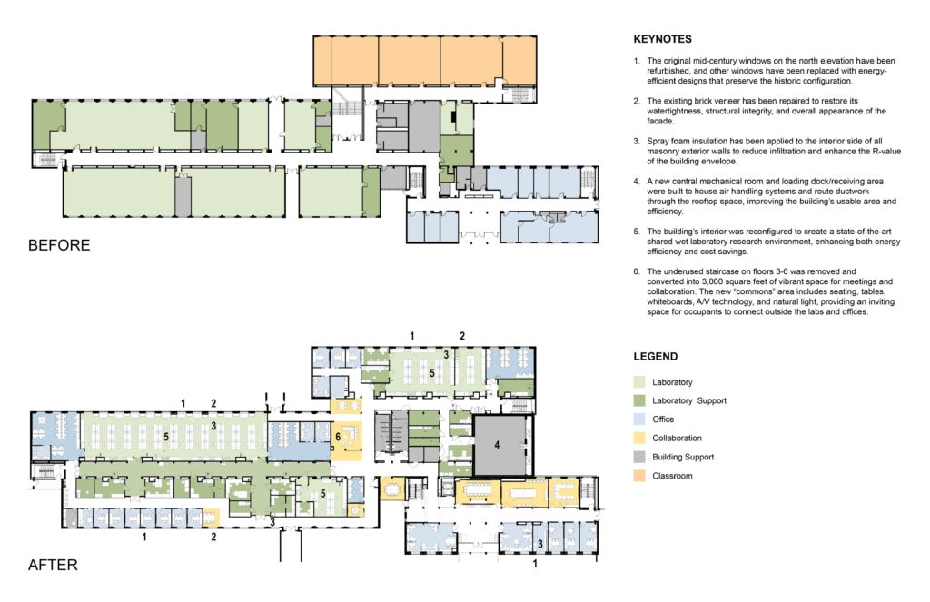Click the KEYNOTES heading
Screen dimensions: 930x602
pos(662,39)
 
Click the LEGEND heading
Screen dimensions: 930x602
pos(656,357)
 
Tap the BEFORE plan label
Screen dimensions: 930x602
pos(59,245)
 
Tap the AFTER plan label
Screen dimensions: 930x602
pos(53,565)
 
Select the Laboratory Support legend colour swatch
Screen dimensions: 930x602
pos(639,400)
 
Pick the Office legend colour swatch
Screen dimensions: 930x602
pos(639,419)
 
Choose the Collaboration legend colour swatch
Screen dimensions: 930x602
pos(639,439)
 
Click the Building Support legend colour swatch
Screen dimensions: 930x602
pos(639,458)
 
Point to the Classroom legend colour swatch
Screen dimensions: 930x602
pos(639,476)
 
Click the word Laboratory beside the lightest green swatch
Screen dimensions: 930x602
pos(672,382)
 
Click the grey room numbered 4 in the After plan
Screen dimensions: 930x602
pos(500,446)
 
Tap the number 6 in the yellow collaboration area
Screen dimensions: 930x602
pos(338,437)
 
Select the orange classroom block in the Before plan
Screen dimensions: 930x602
pos(425,62)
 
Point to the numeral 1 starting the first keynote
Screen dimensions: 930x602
pos(637,61)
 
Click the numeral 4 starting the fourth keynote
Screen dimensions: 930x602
pos(637,182)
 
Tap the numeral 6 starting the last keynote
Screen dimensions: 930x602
pos(637,271)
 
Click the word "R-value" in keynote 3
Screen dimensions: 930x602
pos(886,152)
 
